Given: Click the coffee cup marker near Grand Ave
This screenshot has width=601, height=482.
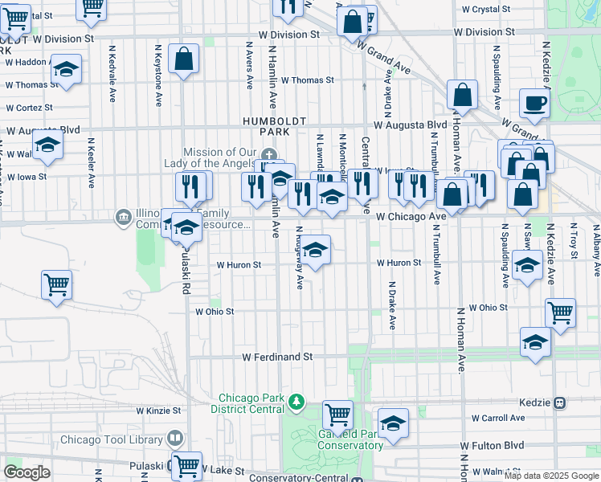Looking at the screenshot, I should pos(534,103).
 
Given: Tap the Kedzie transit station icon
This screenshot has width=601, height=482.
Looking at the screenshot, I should pos(561,402).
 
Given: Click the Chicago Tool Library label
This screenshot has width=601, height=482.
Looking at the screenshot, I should pos(113,439).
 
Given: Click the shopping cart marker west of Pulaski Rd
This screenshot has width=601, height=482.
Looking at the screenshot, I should pos(57,284).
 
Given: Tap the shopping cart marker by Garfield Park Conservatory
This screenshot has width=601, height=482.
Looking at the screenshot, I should pos(338,415).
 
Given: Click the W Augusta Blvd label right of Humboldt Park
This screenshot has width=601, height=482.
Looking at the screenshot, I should pos(411,125).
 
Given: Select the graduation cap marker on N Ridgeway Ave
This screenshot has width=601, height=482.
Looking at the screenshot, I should pos(315,250).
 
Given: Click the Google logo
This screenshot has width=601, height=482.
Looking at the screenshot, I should pos(27,472).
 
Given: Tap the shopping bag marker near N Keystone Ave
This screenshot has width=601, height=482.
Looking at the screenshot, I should pos(184,59).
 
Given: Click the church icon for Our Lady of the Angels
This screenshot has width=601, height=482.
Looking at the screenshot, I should pos(270,154).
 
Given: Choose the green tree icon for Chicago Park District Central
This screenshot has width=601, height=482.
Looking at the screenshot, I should pos(296,400).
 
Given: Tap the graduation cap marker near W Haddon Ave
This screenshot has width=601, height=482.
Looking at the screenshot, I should pos(66,68).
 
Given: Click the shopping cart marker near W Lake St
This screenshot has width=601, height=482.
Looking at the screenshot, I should pos(186,464).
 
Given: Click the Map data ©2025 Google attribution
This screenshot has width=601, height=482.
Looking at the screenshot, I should pos(551,476).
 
